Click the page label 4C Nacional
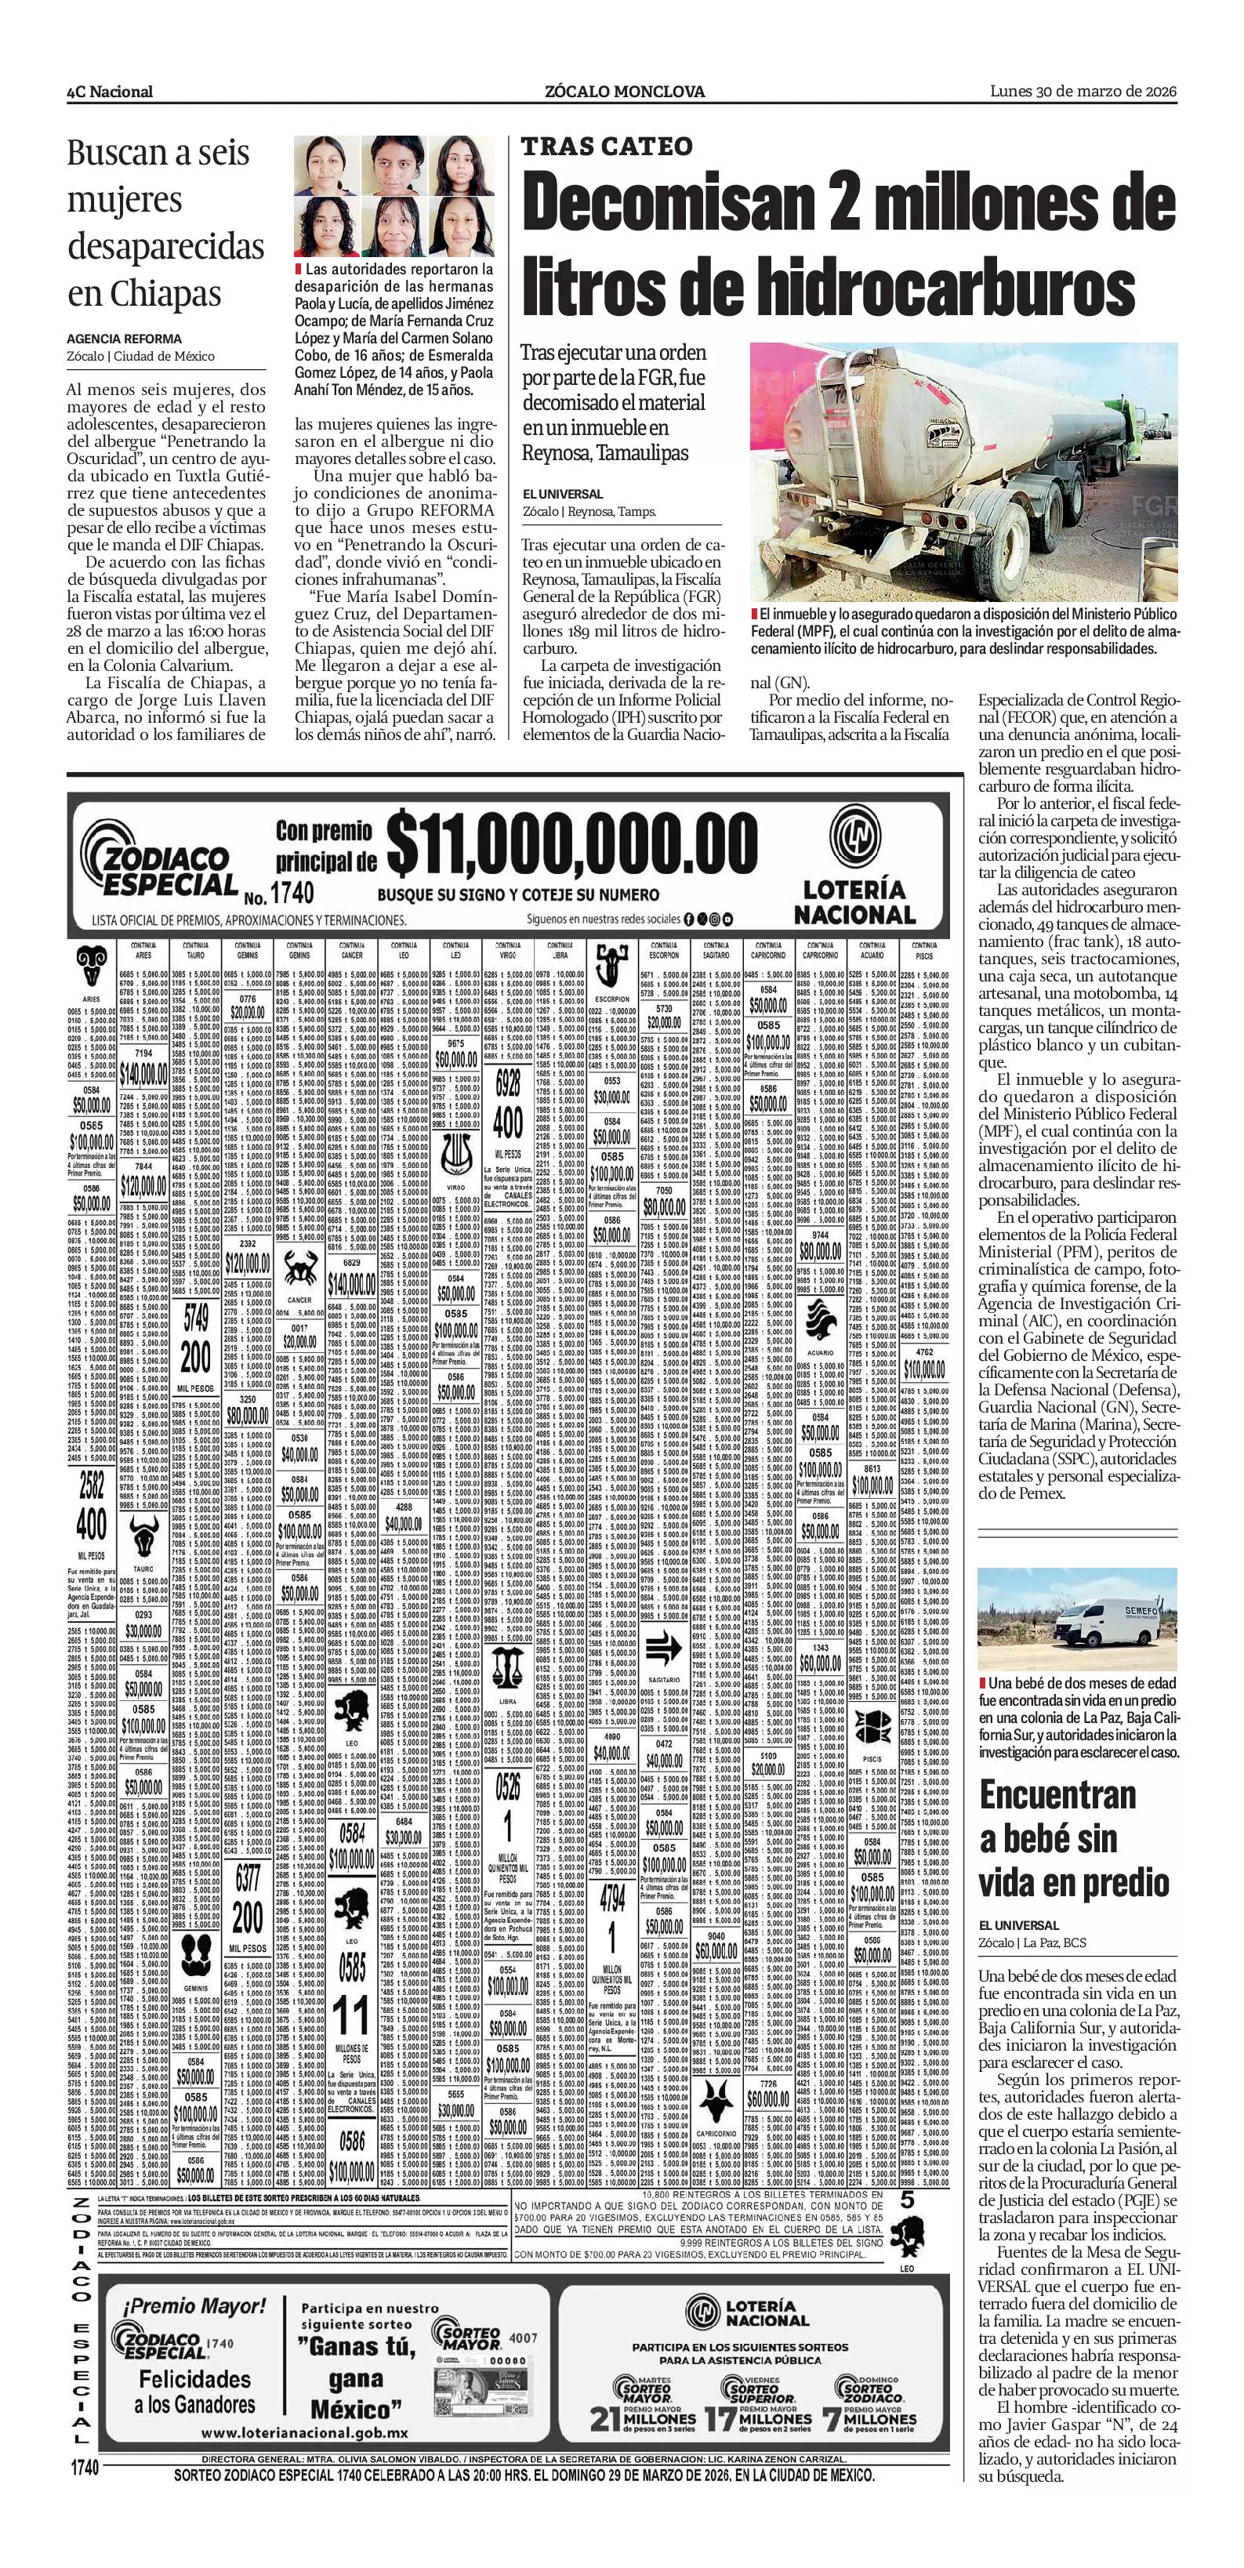pyautogui.click(x=110, y=92)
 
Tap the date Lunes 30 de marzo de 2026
pyautogui.click(x=1083, y=92)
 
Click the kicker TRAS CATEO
pyautogui.click(x=606, y=147)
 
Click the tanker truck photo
pyautogui.click(x=963, y=472)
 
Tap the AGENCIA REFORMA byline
pyautogui.click(x=125, y=339)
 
